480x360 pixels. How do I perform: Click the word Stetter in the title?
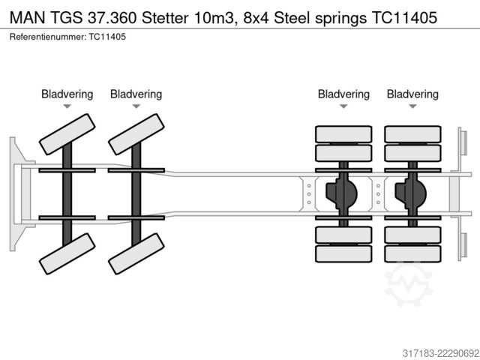(x=165, y=17)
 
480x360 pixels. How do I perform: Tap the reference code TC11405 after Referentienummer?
(x=107, y=37)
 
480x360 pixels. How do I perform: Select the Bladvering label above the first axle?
(x=67, y=94)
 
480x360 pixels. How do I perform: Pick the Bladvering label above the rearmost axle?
(x=412, y=94)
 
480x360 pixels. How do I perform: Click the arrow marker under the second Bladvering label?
(x=136, y=106)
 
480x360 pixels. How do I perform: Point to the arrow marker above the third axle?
(x=343, y=106)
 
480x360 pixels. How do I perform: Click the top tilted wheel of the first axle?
(x=67, y=134)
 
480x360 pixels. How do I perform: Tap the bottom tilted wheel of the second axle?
(x=136, y=253)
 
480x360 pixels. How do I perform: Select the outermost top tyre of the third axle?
(x=343, y=134)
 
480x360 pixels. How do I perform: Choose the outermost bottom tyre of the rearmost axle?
(x=412, y=253)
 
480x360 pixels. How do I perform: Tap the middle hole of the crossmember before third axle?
(x=309, y=194)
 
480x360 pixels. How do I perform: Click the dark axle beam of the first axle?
(x=67, y=194)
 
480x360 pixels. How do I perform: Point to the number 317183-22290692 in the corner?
(x=441, y=353)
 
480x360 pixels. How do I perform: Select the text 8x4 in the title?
(x=256, y=17)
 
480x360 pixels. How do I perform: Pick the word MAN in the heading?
(x=27, y=17)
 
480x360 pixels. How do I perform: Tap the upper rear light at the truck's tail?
(x=463, y=143)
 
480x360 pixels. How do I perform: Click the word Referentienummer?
(x=48, y=37)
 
